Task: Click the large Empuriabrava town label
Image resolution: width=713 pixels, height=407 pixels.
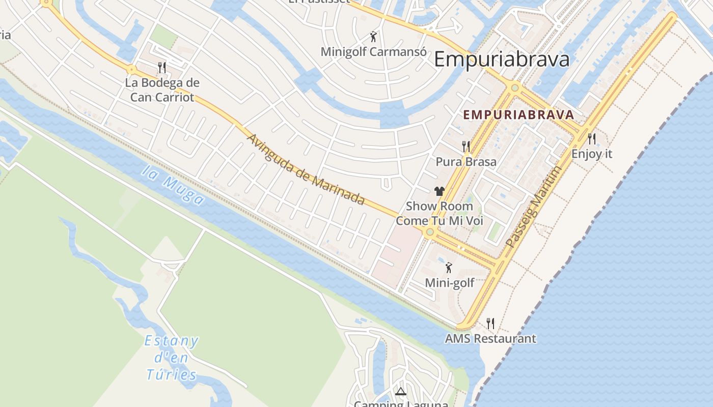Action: coord(502,60)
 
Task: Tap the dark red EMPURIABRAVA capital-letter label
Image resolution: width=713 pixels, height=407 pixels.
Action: coord(518,115)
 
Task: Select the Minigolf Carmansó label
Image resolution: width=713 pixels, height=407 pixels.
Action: coord(373,52)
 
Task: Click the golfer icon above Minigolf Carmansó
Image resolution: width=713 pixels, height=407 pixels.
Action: coord(374,37)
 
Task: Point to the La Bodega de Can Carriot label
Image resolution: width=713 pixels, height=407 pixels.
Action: coord(162,90)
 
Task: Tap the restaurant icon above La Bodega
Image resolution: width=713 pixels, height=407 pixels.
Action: coord(162,67)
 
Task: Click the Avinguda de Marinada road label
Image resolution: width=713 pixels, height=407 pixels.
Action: coord(306,169)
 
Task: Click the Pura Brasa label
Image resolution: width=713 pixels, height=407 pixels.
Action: coord(466,162)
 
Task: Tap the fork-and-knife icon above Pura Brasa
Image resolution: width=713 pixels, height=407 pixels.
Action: coord(466,147)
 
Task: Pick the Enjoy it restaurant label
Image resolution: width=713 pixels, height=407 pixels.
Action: coord(592,153)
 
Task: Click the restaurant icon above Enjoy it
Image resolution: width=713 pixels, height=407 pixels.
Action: coord(592,138)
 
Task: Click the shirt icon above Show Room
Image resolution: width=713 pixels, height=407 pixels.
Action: coord(440,191)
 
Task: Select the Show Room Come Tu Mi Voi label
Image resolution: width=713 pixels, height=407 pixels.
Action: coord(440,214)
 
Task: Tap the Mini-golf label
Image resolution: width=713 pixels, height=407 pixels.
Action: coord(450,283)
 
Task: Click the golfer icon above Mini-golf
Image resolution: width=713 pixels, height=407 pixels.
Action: coord(449,268)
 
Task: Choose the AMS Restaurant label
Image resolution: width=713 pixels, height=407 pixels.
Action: coord(490,338)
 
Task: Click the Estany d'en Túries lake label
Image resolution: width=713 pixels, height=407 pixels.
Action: coord(171,358)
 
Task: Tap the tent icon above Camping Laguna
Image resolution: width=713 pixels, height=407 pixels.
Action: coord(401,391)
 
